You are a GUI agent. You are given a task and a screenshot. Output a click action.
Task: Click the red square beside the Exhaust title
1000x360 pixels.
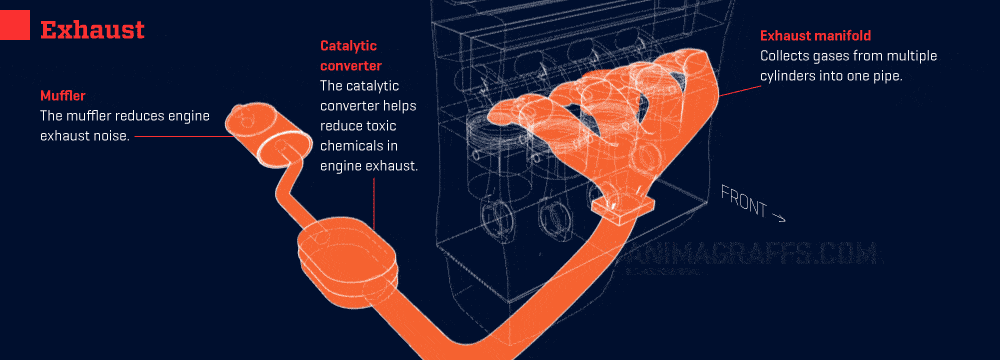coord(15,26)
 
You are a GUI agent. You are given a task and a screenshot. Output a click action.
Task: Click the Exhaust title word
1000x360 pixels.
coord(92,29)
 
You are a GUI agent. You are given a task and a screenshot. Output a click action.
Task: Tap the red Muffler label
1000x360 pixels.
coord(62,96)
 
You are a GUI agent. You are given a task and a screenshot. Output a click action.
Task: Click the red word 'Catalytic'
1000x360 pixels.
coord(349,46)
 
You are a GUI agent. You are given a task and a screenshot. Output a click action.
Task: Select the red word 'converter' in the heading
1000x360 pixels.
coord(351,66)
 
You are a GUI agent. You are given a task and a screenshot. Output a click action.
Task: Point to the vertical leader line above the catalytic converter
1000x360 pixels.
coord(374,204)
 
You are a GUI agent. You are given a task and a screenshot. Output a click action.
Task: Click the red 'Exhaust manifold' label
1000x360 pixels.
coord(815,36)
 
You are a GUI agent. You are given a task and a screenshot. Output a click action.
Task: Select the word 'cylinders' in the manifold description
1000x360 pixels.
coord(786,75)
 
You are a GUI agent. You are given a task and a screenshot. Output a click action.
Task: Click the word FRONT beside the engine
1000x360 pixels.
coord(744,200)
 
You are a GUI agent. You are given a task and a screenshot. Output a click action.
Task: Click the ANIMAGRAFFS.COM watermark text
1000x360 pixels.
coord(753,254)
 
